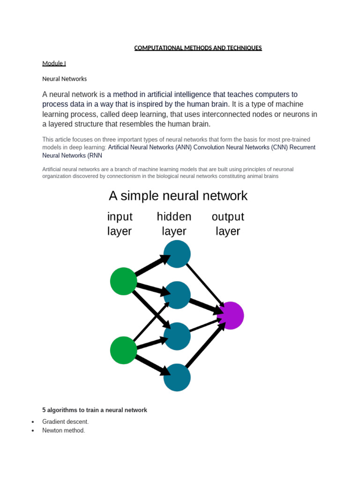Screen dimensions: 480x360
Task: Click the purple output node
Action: tap(230, 315)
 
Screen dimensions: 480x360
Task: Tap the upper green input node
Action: tap(124, 281)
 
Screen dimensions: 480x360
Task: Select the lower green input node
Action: tap(124, 350)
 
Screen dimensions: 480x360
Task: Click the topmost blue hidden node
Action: tap(177, 254)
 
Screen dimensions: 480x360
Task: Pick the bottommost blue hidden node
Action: tap(177, 377)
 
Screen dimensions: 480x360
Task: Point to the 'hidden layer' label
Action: tap(174, 224)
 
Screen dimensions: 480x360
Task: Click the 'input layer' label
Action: tap(120, 224)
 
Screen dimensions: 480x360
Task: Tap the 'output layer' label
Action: tap(228, 224)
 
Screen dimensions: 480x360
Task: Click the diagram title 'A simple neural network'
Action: tap(178, 195)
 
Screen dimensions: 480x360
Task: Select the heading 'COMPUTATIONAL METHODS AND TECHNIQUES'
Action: tap(198, 48)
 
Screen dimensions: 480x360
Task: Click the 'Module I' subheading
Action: tap(54, 63)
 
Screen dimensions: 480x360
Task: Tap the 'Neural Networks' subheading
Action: tap(64, 79)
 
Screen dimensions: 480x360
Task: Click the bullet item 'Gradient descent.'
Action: tap(65, 421)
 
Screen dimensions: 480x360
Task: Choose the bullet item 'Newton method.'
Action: tap(63, 430)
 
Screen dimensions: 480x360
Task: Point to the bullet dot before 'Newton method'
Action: tap(33, 431)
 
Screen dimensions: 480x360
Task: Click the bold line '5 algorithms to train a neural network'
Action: tap(95, 410)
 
